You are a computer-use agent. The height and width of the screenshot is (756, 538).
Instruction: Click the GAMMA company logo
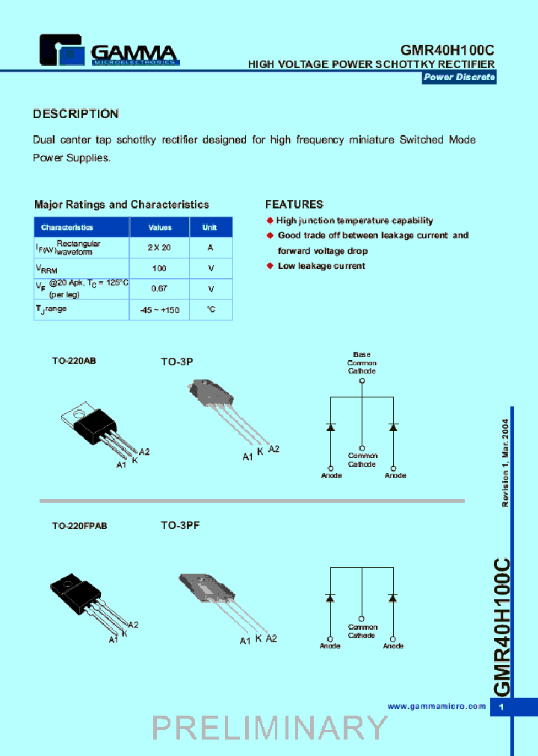tap(109, 52)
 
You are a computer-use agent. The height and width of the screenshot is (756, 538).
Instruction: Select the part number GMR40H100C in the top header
tap(448, 49)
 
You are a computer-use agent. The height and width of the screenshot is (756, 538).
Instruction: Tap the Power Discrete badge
tap(459, 78)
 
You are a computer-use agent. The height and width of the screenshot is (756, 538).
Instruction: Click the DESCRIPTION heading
tap(75, 114)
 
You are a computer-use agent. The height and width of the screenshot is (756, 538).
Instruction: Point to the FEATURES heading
tap(294, 204)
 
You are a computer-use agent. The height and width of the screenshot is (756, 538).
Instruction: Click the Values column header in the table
tap(160, 227)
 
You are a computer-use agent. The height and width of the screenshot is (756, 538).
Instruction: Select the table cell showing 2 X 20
tap(159, 247)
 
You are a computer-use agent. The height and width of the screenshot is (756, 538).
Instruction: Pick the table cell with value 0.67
tap(159, 288)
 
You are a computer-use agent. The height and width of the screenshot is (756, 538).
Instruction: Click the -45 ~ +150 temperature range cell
tap(159, 309)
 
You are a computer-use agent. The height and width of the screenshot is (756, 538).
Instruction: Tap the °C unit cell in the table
tap(211, 309)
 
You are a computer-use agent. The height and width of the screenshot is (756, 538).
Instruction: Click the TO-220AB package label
tap(74, 360)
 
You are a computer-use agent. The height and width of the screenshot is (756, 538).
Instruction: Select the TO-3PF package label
tap(180, 525)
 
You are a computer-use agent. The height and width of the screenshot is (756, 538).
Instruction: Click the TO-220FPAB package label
tap(79, 526)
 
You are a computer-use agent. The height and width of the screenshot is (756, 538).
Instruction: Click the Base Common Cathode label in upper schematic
tap(362, 362)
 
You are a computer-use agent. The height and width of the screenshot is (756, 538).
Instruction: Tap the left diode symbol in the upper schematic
tap(330, 427)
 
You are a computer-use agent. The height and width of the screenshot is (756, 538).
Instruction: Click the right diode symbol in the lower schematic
tap(393, 598)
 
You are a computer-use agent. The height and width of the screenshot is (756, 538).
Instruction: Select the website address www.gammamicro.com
tap(437, 706)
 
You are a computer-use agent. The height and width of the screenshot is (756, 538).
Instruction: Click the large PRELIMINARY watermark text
tap(270, 728)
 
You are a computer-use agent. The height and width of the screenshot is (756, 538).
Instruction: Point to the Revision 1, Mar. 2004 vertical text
tap(505, 463)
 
